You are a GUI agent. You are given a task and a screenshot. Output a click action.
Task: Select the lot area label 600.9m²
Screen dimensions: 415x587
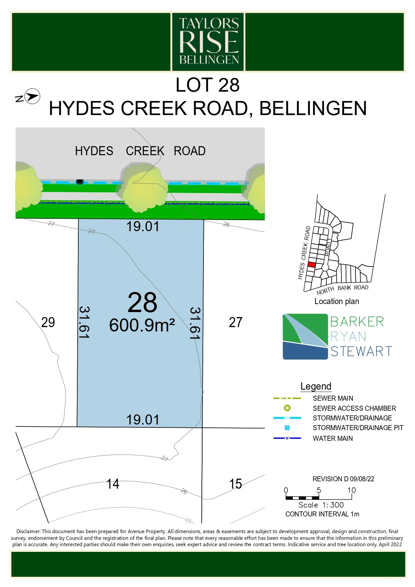click(x=142, y=325)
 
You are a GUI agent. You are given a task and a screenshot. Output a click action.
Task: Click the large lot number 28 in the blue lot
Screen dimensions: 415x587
click(x=142, y=302)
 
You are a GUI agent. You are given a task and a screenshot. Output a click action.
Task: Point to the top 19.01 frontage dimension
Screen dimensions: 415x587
click(x=143, y=226)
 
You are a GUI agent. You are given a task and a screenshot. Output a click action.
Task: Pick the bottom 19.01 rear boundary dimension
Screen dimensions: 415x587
click(x=143, y=420)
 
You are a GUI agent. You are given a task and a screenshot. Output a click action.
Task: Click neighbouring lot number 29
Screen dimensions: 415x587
click(x=48, y=322)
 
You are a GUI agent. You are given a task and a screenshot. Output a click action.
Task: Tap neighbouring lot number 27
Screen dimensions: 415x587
click(x=236, y=322)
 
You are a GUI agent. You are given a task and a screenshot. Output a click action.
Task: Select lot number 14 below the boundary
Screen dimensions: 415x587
click(x=113, y=484)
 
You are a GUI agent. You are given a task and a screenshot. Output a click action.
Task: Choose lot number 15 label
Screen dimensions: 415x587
click(x=236, y=484)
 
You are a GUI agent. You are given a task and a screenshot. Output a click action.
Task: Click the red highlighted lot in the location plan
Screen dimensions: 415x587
click(x=312, y=265)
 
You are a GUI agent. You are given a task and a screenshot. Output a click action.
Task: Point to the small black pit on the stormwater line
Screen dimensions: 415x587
click(x=80, y=181)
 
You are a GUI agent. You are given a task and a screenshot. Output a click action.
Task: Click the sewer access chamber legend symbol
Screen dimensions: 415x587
click(x=287, y=408)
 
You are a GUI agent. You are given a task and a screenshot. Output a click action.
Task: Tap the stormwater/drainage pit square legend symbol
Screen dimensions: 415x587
click(x=287, y=428)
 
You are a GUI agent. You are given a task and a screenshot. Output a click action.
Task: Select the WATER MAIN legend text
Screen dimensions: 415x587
click(x=333, y=438)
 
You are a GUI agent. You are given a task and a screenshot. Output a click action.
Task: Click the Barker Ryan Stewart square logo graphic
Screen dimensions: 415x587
click(x=305, y=336)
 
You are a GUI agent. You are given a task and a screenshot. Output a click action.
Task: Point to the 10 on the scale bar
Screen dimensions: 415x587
click(x=351, y=490)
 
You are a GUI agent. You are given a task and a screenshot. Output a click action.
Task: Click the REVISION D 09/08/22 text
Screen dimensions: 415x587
click(x=343, y=479)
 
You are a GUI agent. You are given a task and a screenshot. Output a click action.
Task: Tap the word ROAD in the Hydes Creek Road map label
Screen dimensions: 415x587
click(x=189, y=151)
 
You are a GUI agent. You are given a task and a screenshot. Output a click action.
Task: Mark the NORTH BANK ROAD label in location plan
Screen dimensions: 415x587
click(x=342, y=289)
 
